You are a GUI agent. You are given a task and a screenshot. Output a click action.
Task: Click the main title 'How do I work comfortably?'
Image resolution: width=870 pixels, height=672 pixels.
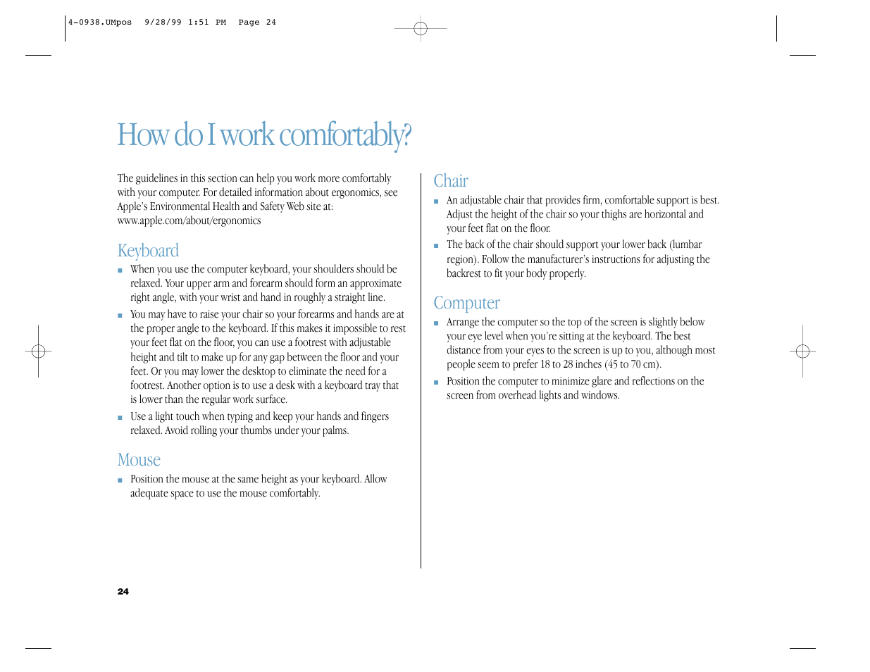tap(264, 135)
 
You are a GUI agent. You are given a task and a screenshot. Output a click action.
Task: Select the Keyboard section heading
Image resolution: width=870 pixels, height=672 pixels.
tap(148, 251)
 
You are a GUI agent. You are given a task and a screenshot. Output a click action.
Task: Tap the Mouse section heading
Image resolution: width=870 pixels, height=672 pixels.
tap(139, 460)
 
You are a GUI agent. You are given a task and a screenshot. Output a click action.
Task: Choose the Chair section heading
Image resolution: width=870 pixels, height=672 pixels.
tap(451, 181)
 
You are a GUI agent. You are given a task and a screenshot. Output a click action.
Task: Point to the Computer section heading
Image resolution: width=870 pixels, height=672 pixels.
tap(466, 303)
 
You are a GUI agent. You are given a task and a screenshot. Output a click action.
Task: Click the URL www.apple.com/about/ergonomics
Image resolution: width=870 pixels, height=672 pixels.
tap(189, 220)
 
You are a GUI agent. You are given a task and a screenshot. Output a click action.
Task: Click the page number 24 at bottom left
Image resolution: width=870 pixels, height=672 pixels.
tap(123, 592)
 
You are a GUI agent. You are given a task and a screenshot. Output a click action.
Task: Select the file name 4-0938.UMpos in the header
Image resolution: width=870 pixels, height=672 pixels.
tap(100, 23)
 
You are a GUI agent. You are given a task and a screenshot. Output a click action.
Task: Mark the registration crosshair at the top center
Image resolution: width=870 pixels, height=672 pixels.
tap(421, 29)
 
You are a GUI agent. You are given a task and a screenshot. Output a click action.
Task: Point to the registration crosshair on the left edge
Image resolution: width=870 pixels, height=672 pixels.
tap(39, 351)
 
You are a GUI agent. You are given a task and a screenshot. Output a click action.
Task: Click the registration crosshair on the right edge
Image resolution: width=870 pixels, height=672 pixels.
tap(802, 351)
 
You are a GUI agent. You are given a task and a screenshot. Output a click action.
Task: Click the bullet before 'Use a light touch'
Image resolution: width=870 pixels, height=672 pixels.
tap(120, 418)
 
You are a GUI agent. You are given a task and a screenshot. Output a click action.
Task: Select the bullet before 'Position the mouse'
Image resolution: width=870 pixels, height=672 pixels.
tap(120, 480)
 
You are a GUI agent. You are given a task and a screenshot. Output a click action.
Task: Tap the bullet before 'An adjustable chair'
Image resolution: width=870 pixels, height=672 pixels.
tap(437, 201)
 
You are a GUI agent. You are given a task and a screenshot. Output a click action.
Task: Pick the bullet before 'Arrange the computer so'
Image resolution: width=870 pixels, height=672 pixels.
tap(437, 323)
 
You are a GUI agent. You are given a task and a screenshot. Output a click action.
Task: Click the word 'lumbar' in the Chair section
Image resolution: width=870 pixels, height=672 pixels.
tap(687, 245)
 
